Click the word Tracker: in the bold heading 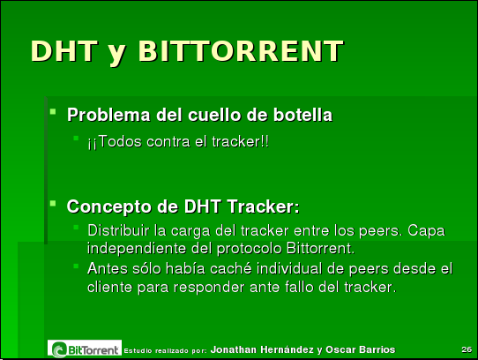[x=263, y=207]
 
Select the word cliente [x=110, y=287]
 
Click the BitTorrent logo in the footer [x=85, y=349]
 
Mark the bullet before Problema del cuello [x=54, y=113]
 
